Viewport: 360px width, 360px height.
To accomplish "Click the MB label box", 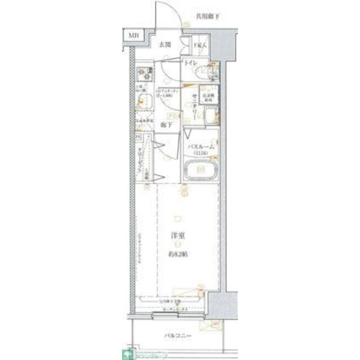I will tap(133, 35).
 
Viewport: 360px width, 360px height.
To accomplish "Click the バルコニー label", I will tap(179, 337).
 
